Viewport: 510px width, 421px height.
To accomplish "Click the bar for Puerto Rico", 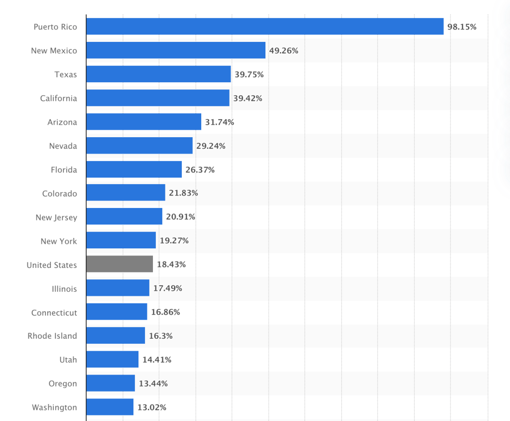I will point(264,26).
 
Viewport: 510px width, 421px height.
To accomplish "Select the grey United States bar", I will point(120,264).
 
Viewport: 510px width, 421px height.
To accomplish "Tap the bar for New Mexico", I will point(175,50).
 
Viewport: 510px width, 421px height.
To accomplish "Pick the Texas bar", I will point(158,74).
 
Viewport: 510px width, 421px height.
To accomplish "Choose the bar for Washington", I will point(110,407).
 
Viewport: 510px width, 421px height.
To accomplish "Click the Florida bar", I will point(133,170).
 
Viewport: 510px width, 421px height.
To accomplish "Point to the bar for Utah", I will point(112,360).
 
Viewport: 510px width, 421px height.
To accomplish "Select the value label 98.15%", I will point(462,26).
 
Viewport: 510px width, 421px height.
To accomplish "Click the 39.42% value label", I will point(248,98).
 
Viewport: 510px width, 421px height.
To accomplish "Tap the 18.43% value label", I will point(171,264).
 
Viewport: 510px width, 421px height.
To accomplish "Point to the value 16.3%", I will point(160,336).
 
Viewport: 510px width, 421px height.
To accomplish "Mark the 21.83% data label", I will point(183,193).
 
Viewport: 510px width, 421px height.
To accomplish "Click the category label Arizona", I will point(62,122).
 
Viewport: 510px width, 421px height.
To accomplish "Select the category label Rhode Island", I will point(52,336).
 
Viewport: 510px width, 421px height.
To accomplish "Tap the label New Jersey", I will point(56,217).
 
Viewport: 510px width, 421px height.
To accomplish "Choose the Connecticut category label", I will point(54,313).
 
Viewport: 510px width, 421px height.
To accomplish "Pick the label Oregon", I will point(63,384).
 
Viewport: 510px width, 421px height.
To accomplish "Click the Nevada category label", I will point(63,146).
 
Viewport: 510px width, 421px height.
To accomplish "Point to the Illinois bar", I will point(118,288).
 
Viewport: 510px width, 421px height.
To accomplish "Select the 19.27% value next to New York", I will point(174,240).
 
